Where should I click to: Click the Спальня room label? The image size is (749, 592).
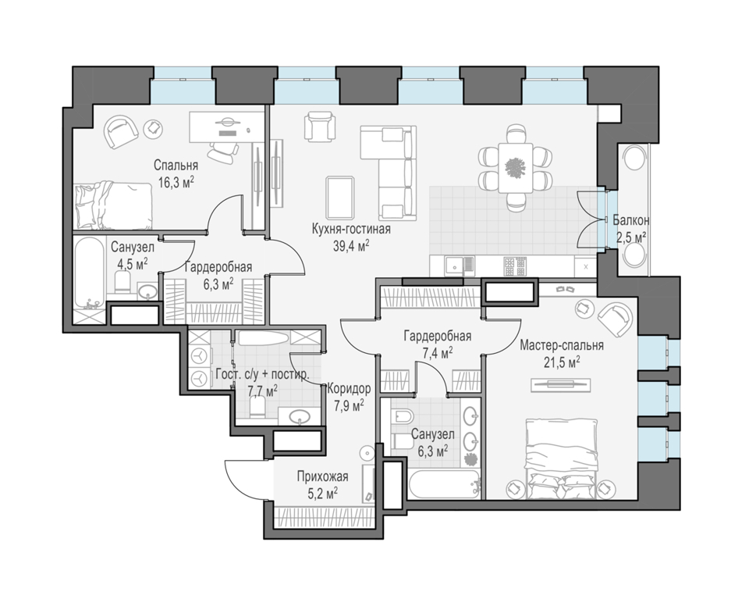[x=175, y=166]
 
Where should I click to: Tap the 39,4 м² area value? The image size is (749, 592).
[x=350, y=245]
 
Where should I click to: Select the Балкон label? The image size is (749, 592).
[x=630, y=220]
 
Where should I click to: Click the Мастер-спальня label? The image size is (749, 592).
[x=562, y=345]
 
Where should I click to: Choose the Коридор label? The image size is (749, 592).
[x=348, y=389]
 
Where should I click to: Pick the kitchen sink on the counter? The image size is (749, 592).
[x=454, y=266]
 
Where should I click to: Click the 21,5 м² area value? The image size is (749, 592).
[x=562, y=362]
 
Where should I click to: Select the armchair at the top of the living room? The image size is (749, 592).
[x=320, y=125]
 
